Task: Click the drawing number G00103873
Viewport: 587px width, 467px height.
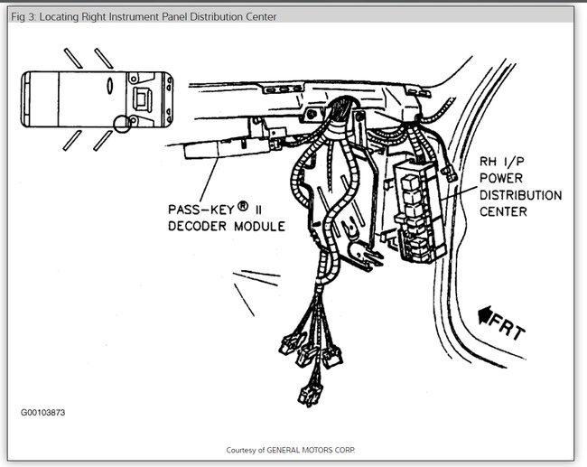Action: [43, 412]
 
